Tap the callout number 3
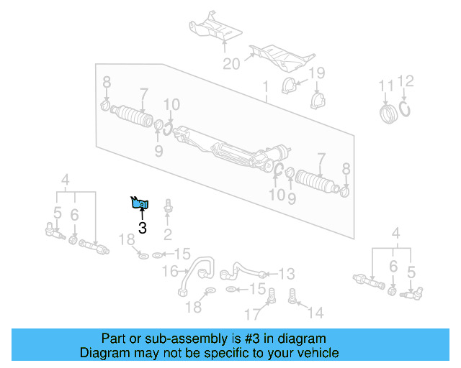[142, 229]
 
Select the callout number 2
[168, 234]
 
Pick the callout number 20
[230, 64]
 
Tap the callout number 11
[387, 87]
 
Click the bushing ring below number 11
[389, 114]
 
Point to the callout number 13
[286, 273]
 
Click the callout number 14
[315, 313]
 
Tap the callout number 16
[169, 271]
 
